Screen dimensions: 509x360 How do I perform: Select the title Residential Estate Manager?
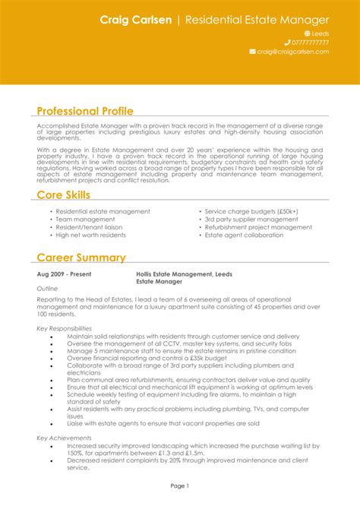[257, 19]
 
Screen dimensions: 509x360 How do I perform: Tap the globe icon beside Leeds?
[308, 33]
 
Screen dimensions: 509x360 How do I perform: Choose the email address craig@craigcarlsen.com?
[292, 52]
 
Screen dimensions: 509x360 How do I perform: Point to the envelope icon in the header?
[252, 52]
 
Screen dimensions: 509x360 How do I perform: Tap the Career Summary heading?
[81, 258]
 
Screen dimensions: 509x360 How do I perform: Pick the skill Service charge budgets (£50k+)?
[251, 211]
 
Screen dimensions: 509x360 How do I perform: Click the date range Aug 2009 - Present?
[65, 273]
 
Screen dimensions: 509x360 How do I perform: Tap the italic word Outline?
[48, 289]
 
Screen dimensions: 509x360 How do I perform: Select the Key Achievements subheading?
[65, 438]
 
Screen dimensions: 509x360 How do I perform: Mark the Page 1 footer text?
[180, 485]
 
